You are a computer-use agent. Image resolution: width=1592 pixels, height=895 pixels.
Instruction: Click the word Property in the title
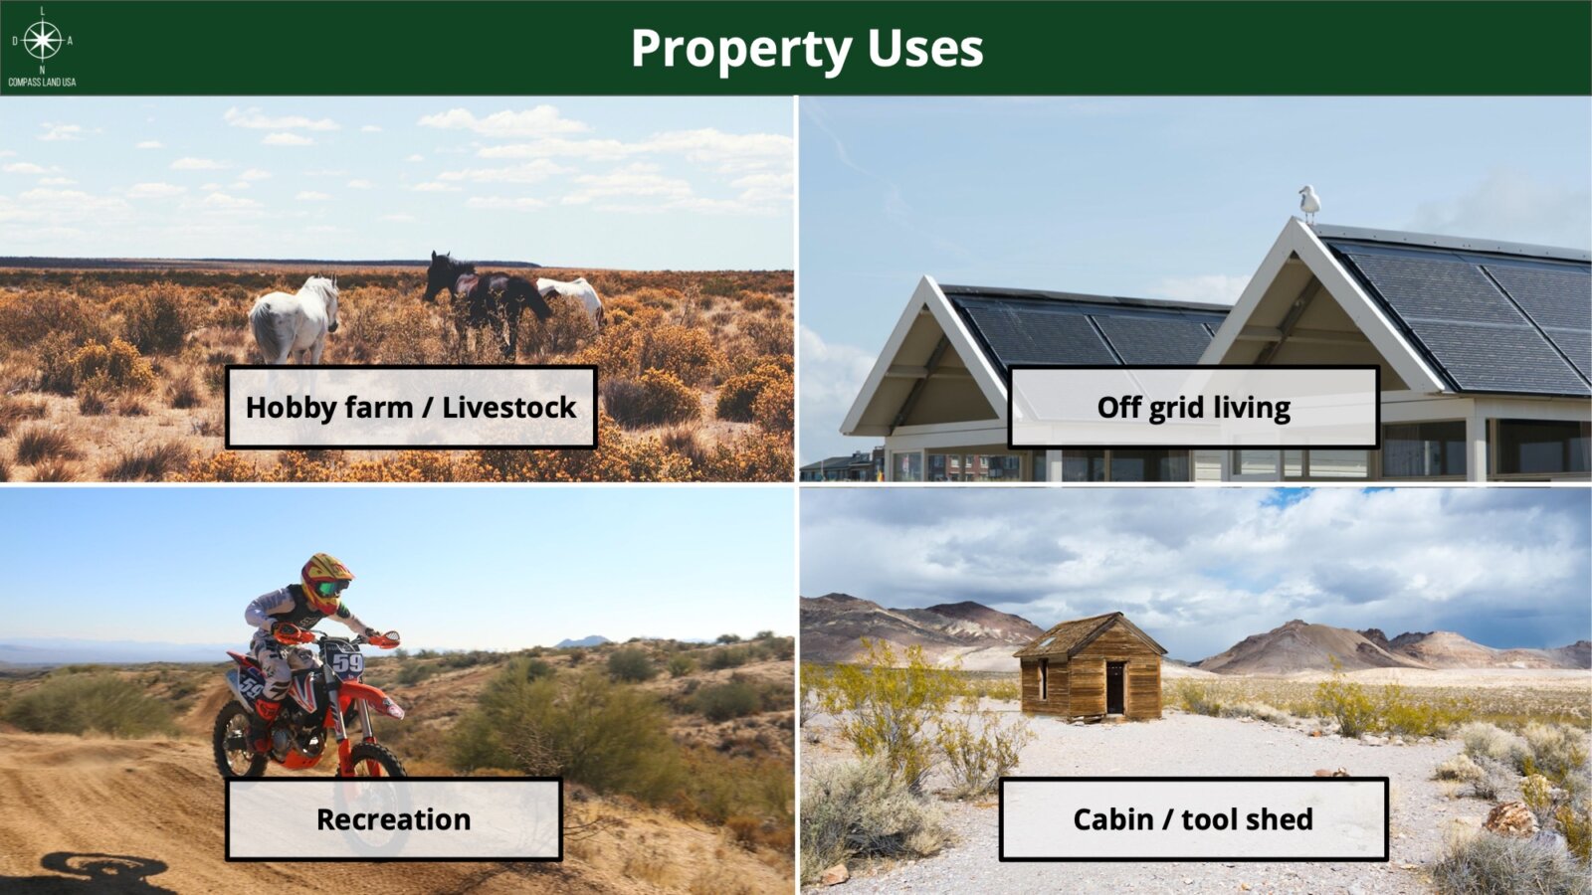pos(741,49)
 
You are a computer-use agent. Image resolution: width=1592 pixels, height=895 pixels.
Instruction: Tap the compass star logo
pos(43,41)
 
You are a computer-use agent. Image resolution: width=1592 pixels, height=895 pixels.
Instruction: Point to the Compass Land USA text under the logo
pos(42,83)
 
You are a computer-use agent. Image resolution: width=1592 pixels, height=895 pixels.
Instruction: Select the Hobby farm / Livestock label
pos(411,407)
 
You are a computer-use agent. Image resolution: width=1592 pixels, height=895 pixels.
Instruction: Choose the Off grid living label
pos(1193,407)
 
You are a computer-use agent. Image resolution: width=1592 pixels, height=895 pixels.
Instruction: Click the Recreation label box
pos(394,819)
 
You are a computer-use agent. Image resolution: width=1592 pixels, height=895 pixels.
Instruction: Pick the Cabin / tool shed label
pos(1193,819)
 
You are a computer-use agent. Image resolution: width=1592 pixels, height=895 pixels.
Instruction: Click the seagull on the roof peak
pos(1309,204)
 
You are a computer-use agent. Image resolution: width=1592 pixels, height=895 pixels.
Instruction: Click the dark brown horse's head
pos(438,277)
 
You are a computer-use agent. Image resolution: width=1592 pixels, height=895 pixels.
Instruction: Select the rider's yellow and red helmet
pos(325,583)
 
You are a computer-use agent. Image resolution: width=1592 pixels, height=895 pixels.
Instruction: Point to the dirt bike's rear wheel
pos(240,739)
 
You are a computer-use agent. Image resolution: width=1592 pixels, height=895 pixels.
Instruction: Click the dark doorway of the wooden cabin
pos(1115,687)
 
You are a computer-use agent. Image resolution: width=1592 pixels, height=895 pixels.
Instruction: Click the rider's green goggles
pos(331,589)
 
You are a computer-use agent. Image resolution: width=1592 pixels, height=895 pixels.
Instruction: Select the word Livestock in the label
pos(508,407)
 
